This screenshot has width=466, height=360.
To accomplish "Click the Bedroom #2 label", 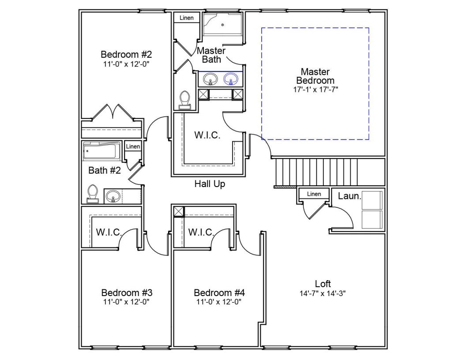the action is click(126, 55).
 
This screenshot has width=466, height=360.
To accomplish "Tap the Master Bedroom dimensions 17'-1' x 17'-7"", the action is click(316, 90).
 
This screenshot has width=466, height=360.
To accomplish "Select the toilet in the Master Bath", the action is click(185, 101).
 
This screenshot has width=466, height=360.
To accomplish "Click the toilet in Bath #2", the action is click(93, 194).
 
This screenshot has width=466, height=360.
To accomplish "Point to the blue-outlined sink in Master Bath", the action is click(231, 79).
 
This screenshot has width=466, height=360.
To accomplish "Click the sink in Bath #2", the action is click(113, 196).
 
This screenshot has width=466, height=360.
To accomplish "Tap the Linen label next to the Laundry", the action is click(314, 194).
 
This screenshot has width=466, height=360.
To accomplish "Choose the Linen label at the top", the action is click(187, 18).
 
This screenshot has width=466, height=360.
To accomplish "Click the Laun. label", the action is click(349, 196).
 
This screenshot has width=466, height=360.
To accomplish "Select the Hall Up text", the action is click(210, 184).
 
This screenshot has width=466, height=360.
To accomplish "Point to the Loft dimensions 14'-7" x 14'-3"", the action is click(323, 293).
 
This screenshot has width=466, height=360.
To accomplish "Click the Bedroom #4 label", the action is click(219, 293).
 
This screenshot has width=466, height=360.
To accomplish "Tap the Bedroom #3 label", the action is click(127, 293).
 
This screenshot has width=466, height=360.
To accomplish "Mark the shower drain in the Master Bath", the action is click(222, 25).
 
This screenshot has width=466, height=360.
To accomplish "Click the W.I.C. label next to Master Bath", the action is click(207, 135).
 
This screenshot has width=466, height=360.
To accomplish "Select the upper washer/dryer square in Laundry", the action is click(372, 200).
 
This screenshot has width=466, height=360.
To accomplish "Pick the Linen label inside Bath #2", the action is click(133, 146).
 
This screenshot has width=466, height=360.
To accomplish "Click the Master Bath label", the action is click(211, 55).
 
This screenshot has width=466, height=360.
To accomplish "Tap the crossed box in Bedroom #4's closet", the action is click(179, 211).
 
